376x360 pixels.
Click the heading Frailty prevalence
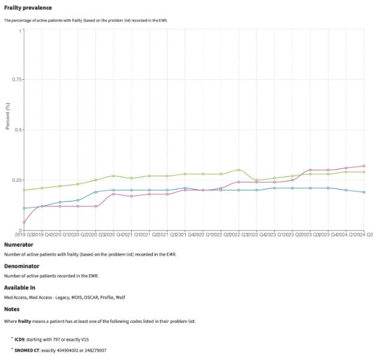(28, 8)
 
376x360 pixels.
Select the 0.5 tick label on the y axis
(18, 130)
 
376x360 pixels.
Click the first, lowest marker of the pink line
(24, 223)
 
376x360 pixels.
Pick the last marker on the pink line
(363, 166)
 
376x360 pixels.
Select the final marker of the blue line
(363, 192)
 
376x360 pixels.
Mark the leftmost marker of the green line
(24, 190)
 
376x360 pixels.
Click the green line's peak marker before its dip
(238, 170)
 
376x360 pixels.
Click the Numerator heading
(19, 245)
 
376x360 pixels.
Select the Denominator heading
(22, 266)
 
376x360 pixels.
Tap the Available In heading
(20, 287)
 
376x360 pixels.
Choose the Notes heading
(12, 309)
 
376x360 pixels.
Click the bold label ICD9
(20, 339)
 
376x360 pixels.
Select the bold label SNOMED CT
(27, 350)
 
